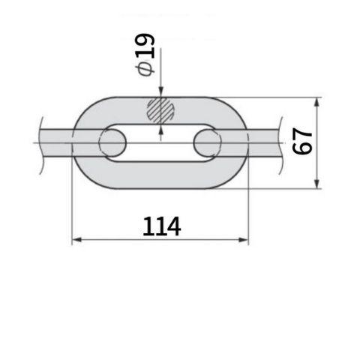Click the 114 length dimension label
(162, 226)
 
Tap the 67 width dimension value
(302, 141)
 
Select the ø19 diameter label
(145, 55)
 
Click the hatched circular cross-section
(160, 110)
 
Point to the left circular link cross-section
(112, 142)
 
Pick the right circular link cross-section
(208, 142)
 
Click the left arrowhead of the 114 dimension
(76, 240)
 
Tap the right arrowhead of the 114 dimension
(243, 240)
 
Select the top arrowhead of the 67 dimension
(317, 102)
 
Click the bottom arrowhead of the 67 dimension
(317, 184)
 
